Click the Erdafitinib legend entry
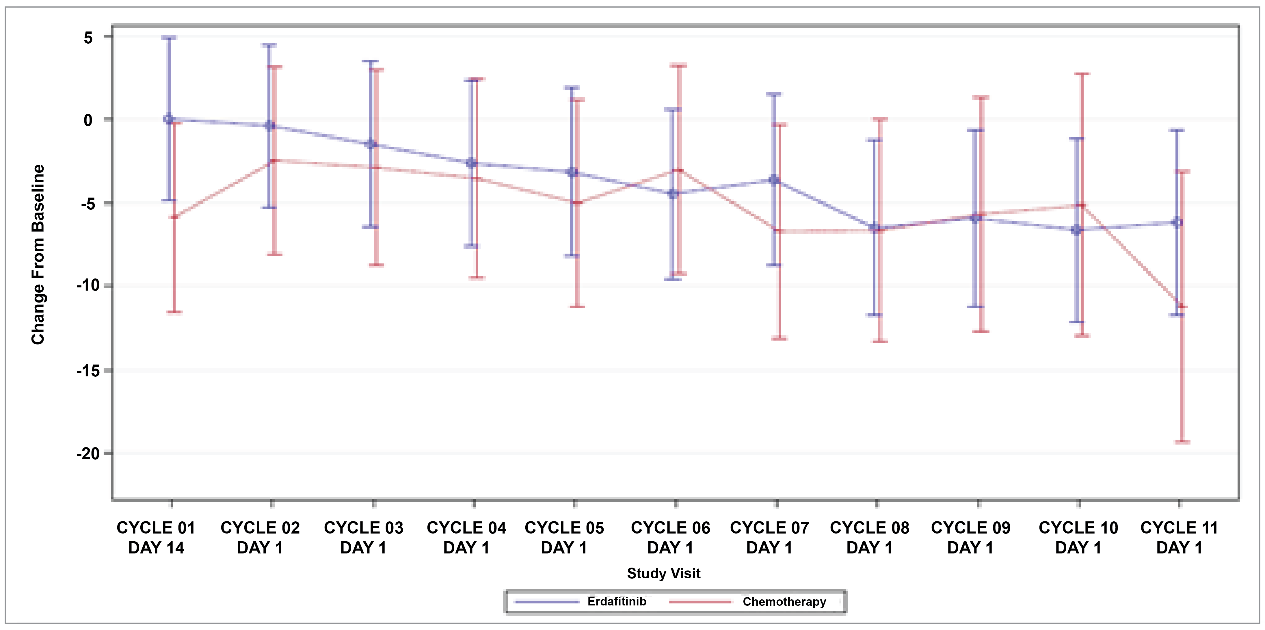point(616,601)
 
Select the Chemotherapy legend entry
point(784,601)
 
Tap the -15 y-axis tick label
point(88,371)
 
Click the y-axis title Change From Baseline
point(38,254)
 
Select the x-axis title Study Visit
point(663,573)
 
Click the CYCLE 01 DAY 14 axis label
point(156,537)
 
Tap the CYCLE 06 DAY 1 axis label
point(670,537)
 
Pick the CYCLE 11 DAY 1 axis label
point(1179,537)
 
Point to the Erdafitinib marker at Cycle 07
point(774,180)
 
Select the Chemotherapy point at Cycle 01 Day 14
point(174,217)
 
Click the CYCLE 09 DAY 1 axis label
point(970,537)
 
